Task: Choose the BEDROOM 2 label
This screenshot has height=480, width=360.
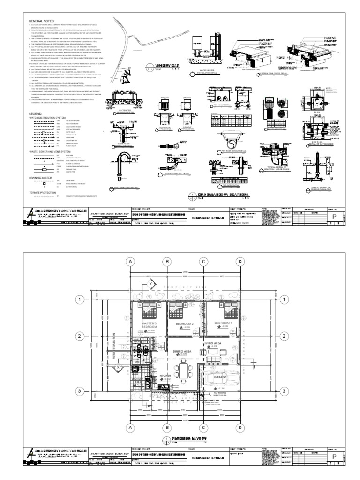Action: (184, 324)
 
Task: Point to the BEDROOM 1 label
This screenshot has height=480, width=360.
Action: (223, 323)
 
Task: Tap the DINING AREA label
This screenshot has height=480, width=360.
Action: (182, 350)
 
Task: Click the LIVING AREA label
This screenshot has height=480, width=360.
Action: (212, 343)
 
